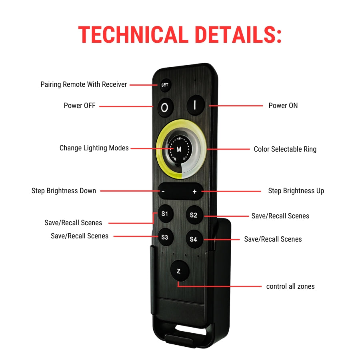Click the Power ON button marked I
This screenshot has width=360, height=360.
click(196, 105)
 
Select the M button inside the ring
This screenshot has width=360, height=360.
click(179, 150)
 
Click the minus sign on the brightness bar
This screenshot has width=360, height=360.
click(163, 192)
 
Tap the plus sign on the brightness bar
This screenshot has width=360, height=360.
click(195, 192)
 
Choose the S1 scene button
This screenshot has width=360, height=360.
click(165, 214)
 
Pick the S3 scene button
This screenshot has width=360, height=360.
click(165, 237)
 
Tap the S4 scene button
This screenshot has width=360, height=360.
click(194, 239)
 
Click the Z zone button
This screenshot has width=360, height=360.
click(180, 271)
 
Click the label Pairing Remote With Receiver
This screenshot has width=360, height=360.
click(84, 84)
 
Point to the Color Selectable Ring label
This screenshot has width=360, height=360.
click(285, 149)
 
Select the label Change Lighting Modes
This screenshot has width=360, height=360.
click(94, 148)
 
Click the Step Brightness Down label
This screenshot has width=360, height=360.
click(64, 191)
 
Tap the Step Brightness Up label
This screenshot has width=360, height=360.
click(296, 191)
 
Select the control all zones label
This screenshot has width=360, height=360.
click(290, 286)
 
